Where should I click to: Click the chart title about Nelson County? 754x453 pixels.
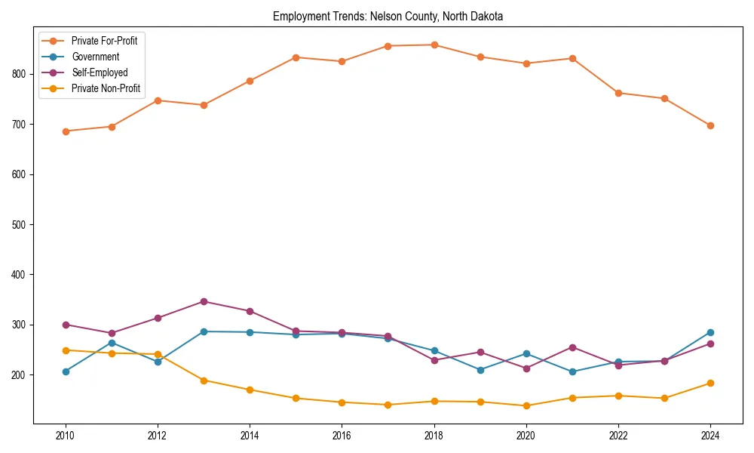(388, 16)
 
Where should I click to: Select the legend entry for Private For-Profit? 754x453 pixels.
(104, 41)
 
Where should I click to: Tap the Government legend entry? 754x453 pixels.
(95, 57)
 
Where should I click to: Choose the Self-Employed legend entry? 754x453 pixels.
(100, 72)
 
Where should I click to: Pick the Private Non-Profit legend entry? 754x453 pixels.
(106, 88)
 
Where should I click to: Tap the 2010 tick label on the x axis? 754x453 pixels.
(66, 435)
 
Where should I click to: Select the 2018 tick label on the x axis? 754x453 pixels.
(434, 435)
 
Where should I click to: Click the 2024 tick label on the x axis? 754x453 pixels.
(710, 435)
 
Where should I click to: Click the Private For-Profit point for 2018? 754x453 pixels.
(434, 45)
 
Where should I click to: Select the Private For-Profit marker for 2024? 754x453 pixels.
(710, 125)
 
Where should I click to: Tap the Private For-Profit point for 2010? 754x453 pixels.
(66, 131)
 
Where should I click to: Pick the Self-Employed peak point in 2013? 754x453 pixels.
(204, 301)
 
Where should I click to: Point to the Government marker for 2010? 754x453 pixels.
(66, 371)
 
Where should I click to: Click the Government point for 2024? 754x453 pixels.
(710, 332)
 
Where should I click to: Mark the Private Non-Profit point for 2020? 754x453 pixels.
(526, 405)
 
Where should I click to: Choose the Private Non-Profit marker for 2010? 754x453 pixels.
(66, 350)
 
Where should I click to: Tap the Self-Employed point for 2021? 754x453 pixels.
(572, 347)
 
